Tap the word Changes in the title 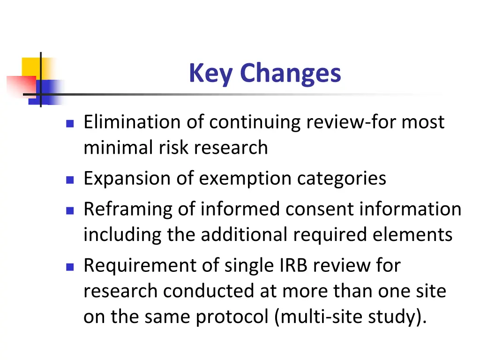(290, 74)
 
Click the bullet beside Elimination (70, 123)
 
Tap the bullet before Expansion (70, 180)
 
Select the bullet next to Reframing (70, 210)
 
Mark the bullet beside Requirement (70, 267)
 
